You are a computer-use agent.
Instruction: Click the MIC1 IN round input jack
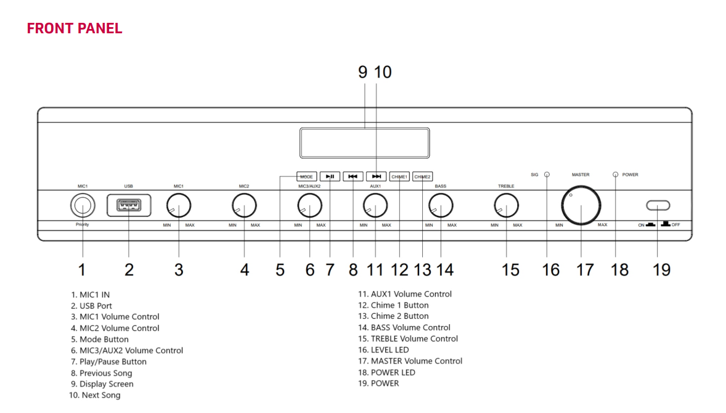tap(82, 205)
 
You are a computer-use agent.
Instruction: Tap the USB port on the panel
tap(129, 205)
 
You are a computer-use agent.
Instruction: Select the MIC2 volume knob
tap(244, 205)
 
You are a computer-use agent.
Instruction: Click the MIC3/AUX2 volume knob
tap(309, 205)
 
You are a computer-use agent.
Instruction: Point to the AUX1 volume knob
tap(375, 205)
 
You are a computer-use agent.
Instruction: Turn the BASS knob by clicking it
tap(441, 205)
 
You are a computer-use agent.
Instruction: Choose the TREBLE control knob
tap(506, 205)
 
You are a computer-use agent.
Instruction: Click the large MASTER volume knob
tap(581, 206)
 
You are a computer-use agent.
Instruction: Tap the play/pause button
tap(330, 176)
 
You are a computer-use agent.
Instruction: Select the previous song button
tap(353, 176)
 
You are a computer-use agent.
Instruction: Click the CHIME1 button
tap(399, 176)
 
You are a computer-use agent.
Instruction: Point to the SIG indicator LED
tap(547, 174)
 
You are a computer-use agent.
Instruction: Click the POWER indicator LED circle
tap(615, 174)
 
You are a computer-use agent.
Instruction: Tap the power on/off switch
tap(658, 205)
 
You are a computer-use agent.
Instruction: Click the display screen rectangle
tap(364, 143)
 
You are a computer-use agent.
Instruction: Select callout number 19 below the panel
tap(661, 270)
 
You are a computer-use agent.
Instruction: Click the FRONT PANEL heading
tap(75, 28)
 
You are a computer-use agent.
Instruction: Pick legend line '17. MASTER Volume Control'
tap(410, 361)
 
